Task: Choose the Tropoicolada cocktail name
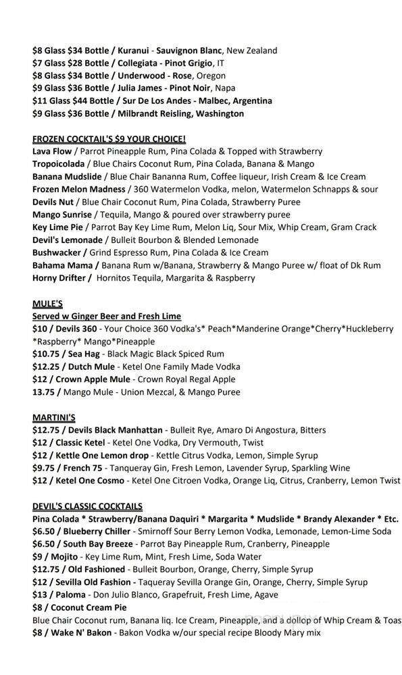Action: [59, 164]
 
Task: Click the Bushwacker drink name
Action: [57, 252]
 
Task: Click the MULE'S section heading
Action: [47, 304]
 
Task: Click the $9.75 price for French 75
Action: [46, 468]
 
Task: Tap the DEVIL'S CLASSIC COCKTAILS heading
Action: [87, 506]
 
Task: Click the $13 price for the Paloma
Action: [40, 595]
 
